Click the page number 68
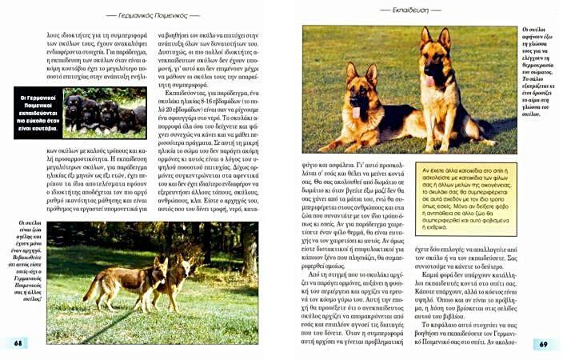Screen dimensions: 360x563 17,343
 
